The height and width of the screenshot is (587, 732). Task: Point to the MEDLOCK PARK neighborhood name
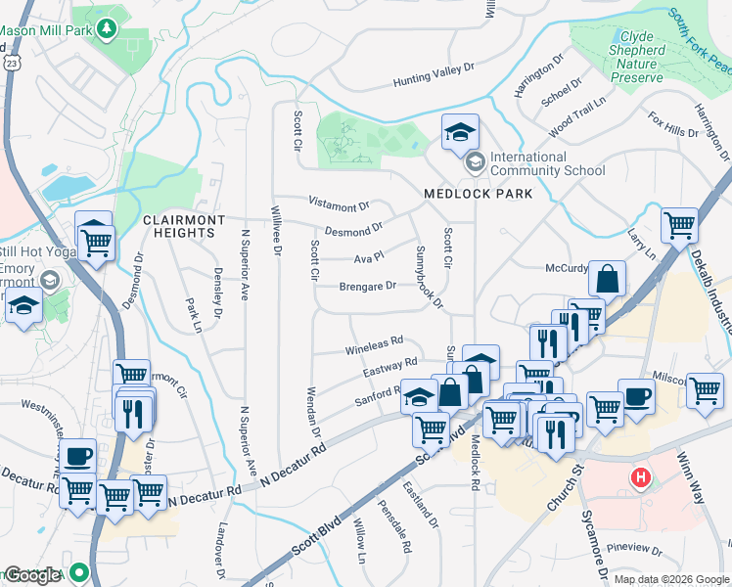[479, 194]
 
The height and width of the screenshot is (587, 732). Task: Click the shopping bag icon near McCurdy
[608, 279]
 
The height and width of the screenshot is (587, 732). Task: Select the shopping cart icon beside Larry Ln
[679, 226]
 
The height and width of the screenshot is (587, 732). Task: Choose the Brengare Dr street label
[367, 287]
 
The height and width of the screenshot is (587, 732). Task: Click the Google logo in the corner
[31, 575]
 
